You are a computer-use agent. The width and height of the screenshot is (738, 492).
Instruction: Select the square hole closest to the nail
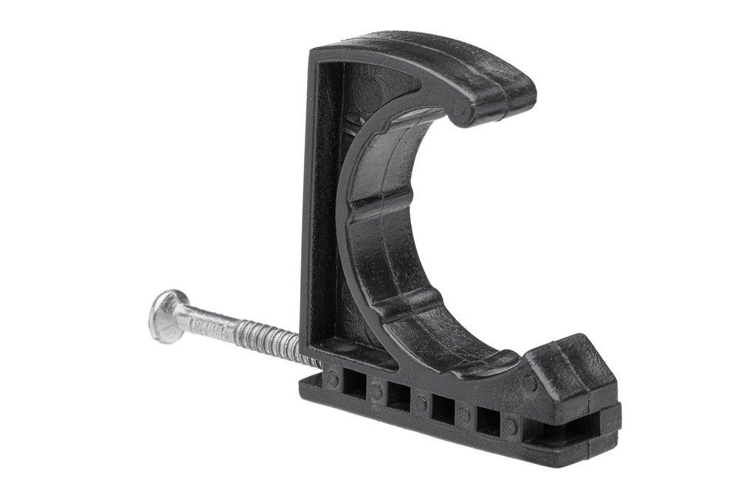click(x=355, y=385)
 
